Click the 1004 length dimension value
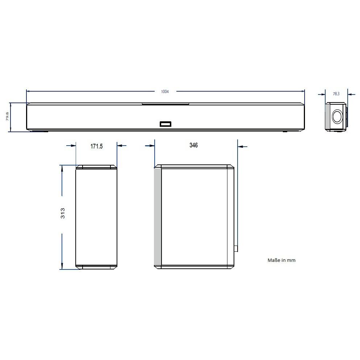pyautogui.click(x=165, y=92)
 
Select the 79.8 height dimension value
pyautogui.click(x=7, y=117)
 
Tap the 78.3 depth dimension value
pyautogui.click(x=336, y=94)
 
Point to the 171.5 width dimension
pyautogui.click(x=96, y=146)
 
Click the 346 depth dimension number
pyautogui.click(x=194, y=145)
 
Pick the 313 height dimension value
pyautogui.click(x=63, y=213)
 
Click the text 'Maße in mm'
pyautogui.click(x=281, y=260)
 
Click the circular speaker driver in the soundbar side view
pyautogui.click(x=337, y=117)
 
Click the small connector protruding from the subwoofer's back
pyautogui.click(x=236, y=249)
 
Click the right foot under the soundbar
pyautogui.click(x=285, y=131)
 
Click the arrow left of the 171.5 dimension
pyautogui.click(x=71, y=146)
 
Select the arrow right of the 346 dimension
pyautogui.click(x=242, y=147)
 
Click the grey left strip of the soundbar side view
pyautogui.click(x=327, y=117)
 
